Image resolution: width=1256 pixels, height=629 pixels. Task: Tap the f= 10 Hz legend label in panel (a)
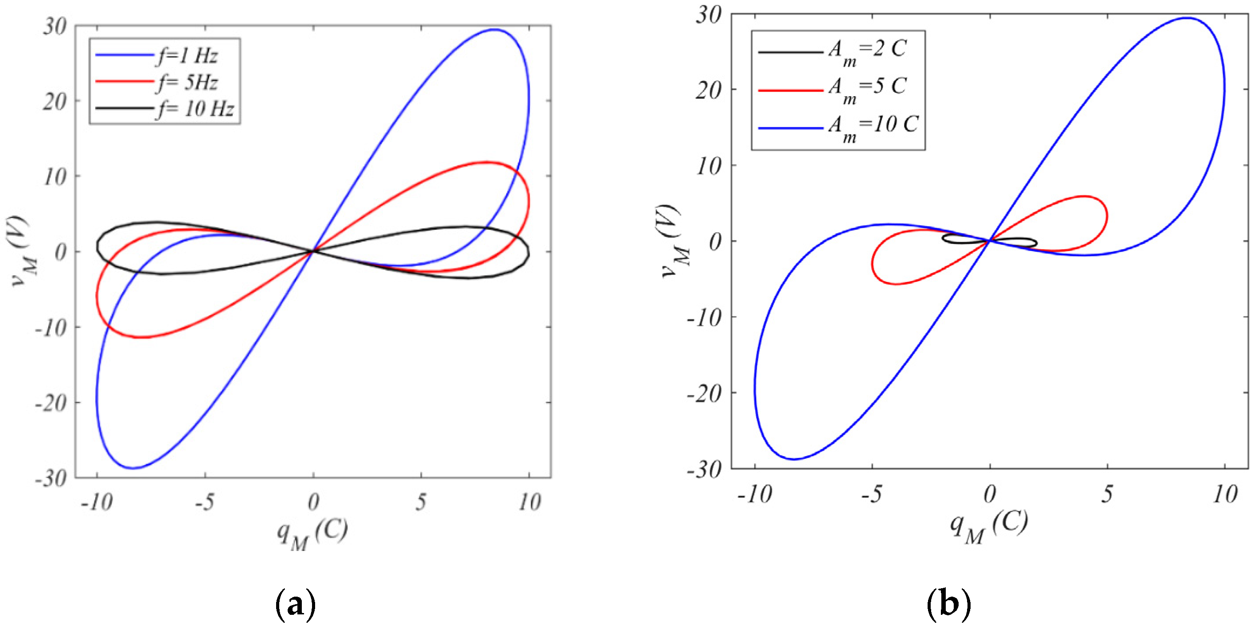click(195, 108)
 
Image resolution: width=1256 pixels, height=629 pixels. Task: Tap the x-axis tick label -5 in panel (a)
click(204, 502)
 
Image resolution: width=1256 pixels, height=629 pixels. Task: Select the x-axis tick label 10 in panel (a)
click(530, 502)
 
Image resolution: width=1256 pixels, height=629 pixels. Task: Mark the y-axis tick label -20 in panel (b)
click(704, 393)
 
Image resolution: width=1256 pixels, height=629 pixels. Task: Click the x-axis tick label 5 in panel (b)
click(1107, 494)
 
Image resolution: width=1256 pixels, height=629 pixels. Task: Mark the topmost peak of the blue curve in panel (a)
click(494, 29)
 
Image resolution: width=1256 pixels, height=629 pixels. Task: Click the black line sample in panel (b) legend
click(790, 52)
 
